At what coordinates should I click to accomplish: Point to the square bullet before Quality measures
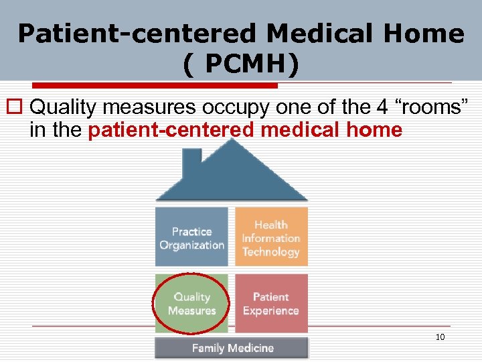(x=18, y=107)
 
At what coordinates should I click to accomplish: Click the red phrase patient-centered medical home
(x=245, y=129)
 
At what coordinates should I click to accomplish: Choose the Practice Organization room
(x=191, y=238)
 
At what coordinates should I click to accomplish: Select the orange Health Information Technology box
(x=271, y=238)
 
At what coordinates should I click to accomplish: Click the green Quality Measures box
(x=191, y=304)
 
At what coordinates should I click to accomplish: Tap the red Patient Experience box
(x=271, y=304)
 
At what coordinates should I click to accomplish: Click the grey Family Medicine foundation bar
(x=232, y=348)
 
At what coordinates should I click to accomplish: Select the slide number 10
(x=440, y=337)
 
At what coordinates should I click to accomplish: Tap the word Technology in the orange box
(x=271, y=252)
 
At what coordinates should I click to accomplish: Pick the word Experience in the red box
(x=271, y=311)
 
